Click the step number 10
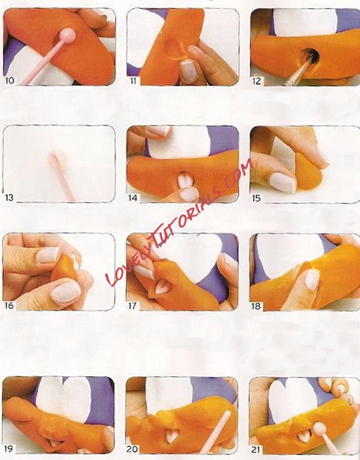pyautogui.click(x=9, y=80)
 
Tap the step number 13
pyautogui.click(x=9, y=198)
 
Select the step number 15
pyautogui.click(x=256, y=198)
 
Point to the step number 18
pyautogui.click(x=256, y=306)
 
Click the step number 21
pyautogui.click(x=256, y=449)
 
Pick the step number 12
pyautogui.click(x=256, y=81)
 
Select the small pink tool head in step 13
pyautogui.click(x=56, y=158)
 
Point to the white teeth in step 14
pyautogui.click(x=186, y=180)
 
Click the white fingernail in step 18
pyautogui.click(x=312, y=280)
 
